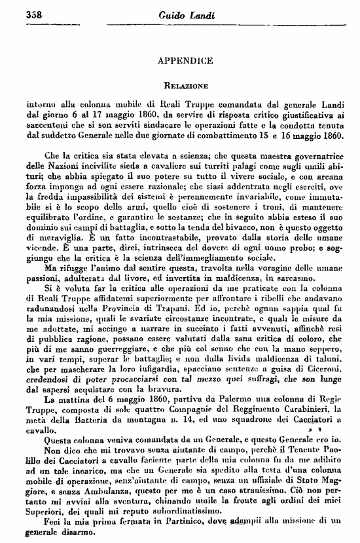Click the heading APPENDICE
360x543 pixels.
click(186, 61)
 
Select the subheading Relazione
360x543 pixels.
click(187, 85)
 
